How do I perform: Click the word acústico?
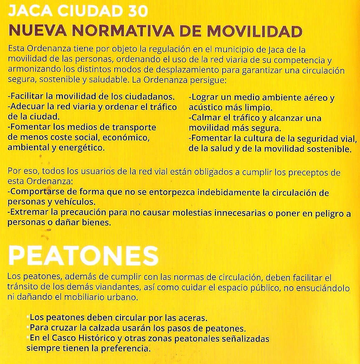pyautogui.click(x=205, y=108)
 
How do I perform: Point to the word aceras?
pyautogui.click(x=192, y=318)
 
